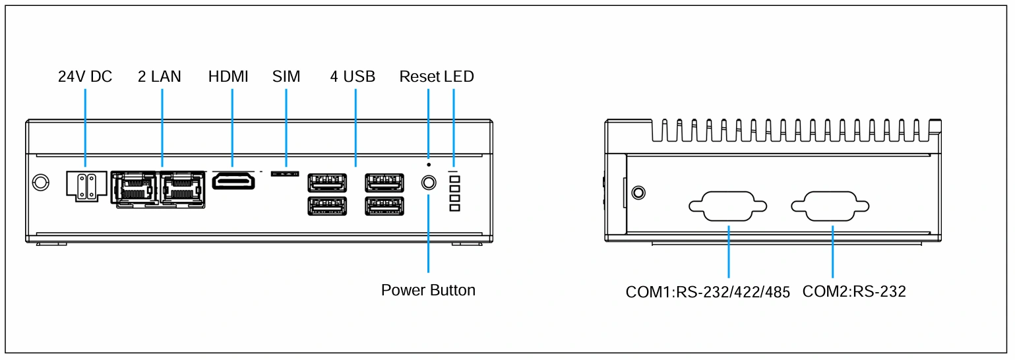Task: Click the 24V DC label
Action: tap(84, 76)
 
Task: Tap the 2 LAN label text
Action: tap(159, 76)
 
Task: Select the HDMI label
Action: tap(228, 76)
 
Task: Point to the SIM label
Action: tap(286, 76)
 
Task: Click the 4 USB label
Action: tap(353, 76)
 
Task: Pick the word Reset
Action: tap(419, 76)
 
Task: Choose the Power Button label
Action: tap(428, 290)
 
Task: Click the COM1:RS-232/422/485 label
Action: tap(708, 292)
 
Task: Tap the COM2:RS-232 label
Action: tap(854, 291)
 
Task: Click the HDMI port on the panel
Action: tap(233, 181)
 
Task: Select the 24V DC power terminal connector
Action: tap(86, 185)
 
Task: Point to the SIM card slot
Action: tap(285, 173)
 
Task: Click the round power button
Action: tap(429, 183)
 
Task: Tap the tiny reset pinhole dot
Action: tap(429, 165)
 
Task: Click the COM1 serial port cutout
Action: tap(727, 206)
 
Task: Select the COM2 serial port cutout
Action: tap(830, 206)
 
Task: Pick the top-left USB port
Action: tap(327, 183)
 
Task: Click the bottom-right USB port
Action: tap(384, 206)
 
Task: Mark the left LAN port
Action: tap(135, 189)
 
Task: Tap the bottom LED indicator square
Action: tap(454, 208)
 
